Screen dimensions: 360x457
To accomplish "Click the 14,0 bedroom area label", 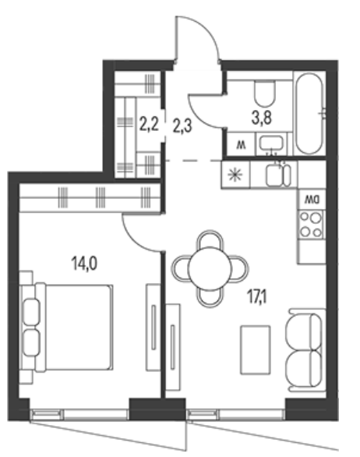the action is click(84, 264).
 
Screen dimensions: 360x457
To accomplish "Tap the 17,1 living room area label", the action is click(257, 298).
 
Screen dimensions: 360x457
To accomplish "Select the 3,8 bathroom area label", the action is click(262, 119).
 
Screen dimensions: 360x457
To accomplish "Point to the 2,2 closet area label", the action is click(149, 125).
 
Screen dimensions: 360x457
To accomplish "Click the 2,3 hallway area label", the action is click(182, 126).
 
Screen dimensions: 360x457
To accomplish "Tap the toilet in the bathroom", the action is click(264, 93).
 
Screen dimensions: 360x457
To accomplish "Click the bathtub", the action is click(309, 113).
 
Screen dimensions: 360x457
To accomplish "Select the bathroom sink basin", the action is click(271, 143).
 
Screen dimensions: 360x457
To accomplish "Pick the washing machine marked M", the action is click(241, 144).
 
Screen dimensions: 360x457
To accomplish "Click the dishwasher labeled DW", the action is click(312, 200).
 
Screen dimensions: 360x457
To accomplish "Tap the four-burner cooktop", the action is click(312, 225).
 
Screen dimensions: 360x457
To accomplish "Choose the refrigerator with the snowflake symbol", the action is click(235, 175).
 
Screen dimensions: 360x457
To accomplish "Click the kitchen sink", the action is click(278, 175).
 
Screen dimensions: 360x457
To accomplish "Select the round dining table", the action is click(210, 269).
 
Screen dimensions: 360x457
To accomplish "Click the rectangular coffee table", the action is click(255, 349).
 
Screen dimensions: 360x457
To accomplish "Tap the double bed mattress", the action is click(78, 328).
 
